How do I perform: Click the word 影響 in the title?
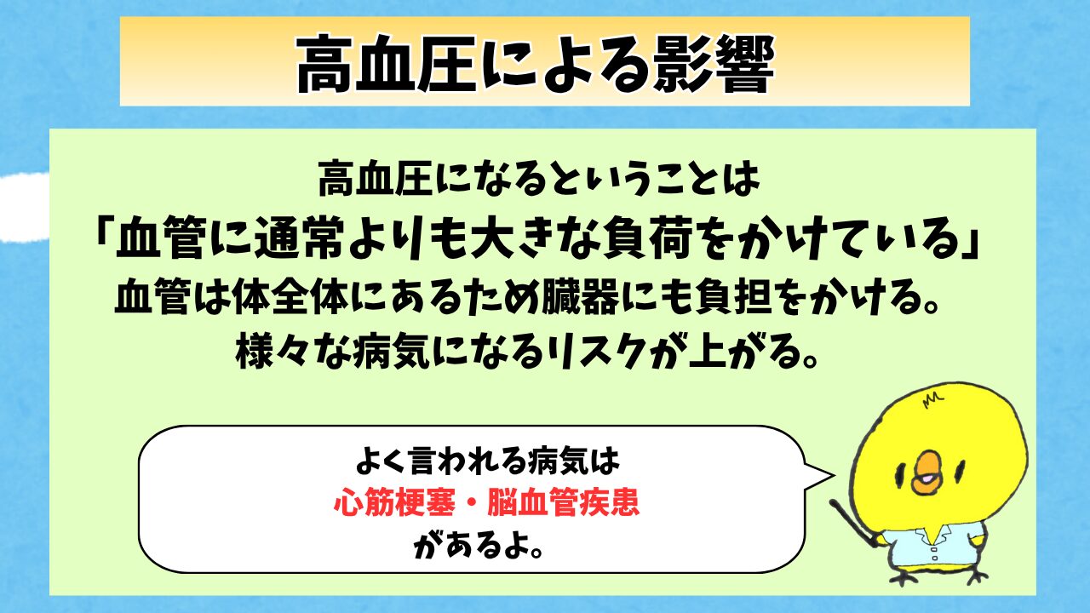(714, 63)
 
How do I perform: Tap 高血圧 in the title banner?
(386, 63)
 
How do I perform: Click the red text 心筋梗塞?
(394, 502)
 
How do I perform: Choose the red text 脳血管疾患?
(564, 502)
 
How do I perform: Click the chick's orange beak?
(927, 473)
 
